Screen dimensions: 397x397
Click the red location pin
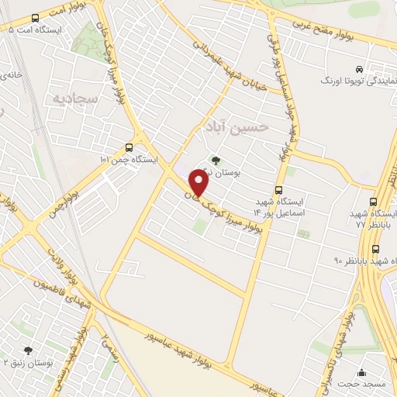(199, 183)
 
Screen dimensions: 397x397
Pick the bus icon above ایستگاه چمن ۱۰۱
(129, 147)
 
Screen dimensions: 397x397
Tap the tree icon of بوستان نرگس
(216, 161)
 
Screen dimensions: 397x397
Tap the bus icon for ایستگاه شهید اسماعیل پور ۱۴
(279, 190)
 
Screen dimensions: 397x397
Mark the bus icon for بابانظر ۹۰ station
(376, 249)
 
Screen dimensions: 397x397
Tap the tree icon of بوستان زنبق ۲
(28, 351)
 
